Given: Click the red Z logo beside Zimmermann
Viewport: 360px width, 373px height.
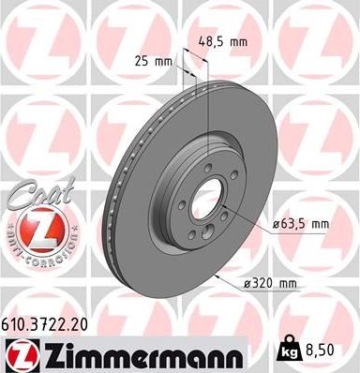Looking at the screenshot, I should [20, 352].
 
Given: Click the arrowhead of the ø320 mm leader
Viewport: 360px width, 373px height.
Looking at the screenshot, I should [217, 276].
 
